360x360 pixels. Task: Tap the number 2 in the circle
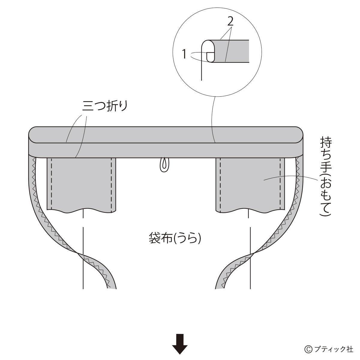230,22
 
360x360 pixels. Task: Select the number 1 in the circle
185,54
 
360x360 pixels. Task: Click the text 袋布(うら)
175,238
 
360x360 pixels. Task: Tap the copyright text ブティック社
333,349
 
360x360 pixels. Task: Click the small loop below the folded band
164,165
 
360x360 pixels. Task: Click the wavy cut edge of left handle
81,210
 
